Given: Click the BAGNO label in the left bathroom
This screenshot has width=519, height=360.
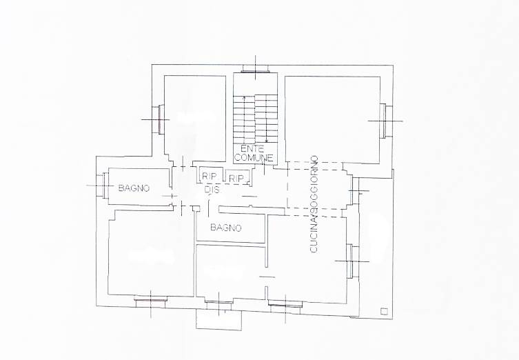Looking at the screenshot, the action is point(134,188).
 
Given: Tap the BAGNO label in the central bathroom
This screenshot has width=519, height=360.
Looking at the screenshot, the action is point(226,228).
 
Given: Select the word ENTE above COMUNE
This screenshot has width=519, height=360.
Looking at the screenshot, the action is point(252,148).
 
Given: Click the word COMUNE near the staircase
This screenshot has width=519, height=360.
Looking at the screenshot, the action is point(254,158).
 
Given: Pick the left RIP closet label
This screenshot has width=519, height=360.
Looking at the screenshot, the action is point(209,177).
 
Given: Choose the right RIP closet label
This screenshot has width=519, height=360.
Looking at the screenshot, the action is point(236,179).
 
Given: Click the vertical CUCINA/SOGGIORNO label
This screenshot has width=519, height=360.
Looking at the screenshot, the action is point(314,204).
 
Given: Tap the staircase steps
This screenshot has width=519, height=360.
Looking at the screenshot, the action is point(255,119).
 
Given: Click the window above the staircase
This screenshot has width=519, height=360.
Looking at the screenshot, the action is point(255,68).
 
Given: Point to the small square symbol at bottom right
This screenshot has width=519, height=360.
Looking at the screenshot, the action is point(384,311).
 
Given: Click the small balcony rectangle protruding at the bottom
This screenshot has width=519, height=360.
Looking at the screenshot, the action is point(218,319).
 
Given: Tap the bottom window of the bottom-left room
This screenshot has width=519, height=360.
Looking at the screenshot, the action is point(151,300).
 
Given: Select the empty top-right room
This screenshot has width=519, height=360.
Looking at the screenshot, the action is point(332,119).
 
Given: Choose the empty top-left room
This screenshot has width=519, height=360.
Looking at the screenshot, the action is point(195,117).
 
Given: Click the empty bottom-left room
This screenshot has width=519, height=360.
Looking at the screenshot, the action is point(151,252).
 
